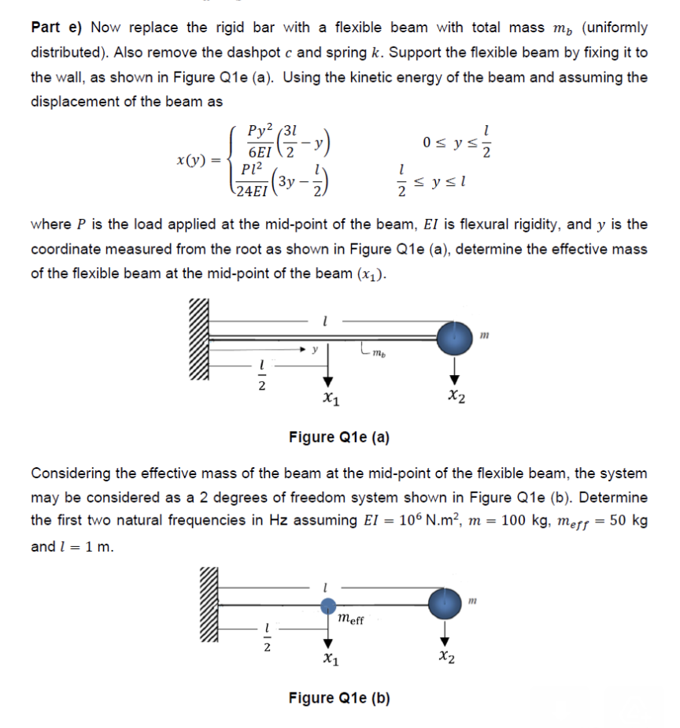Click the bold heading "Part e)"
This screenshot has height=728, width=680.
(57, 28)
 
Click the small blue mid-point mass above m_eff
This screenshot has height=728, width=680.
(328, 604)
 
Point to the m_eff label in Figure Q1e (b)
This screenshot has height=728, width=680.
(349, 620)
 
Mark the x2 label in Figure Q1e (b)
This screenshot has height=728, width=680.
(445, 656)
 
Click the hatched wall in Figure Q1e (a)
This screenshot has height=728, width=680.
(200, 341)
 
